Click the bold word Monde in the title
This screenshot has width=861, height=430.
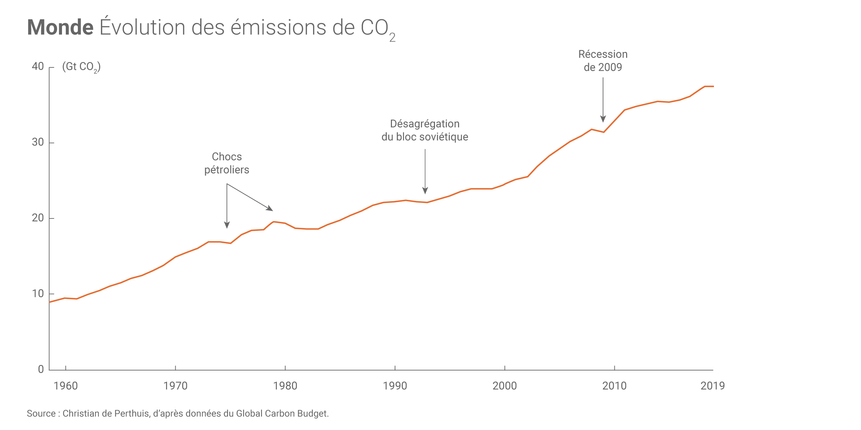click(x=60, y=28)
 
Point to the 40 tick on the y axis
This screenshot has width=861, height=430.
click(x=38, y=66)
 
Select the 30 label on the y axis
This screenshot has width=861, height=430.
click(x=38, y=142)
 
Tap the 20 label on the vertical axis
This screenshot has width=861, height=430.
click(x=38, y=218)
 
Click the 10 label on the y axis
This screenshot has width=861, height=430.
click(x=38, y=293)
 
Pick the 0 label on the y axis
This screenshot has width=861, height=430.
click(x=41, y=369)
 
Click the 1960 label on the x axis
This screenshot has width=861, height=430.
click(x=65, y=386)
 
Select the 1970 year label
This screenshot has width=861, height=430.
click(x=175, y=386)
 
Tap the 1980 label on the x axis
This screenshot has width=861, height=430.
click(x=285, y=386)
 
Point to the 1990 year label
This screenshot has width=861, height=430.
click(x=395, y=386)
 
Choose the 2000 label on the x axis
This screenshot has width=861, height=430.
click(x=505, y=386)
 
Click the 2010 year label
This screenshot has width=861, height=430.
click(x=614, y=386)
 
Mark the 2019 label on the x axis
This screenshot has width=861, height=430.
click(x=713, y=386)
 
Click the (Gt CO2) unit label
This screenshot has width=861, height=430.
click(x=81, y=67)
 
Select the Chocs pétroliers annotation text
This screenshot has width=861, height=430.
click(x=227, y=163)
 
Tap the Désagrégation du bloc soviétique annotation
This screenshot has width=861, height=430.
click(x=425, y=130)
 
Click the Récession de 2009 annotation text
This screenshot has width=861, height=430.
click(x=603, y=61)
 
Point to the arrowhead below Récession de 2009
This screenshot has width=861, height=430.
click(x=603, y=119)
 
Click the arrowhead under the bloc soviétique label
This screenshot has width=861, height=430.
click(x=425, y=191)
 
